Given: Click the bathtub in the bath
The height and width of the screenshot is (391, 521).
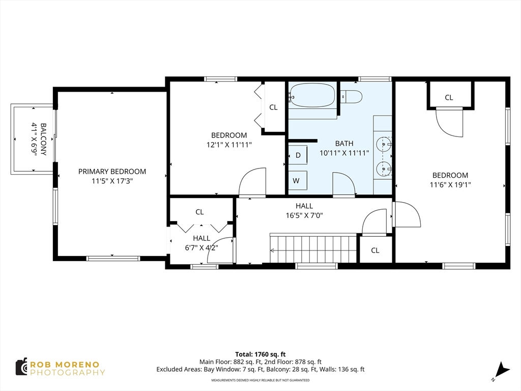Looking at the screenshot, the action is tap(312, 96).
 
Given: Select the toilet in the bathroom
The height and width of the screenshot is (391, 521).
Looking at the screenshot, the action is tap(352, 97).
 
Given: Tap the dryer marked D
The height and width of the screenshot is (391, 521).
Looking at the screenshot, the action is tap(298, 155).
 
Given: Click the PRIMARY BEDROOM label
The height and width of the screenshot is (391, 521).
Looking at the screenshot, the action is tap(112, 172).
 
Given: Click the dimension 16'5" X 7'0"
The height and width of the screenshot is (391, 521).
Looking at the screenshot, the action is tap(304, 215).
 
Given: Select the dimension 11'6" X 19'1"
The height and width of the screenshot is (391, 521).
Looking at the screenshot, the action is tap(450, 185).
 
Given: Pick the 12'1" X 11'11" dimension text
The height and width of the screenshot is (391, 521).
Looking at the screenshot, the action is tap(229, 145).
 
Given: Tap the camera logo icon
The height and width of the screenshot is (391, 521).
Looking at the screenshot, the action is tap(21, 367).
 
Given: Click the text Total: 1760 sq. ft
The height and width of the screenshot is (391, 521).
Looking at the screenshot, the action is tap(260, 354).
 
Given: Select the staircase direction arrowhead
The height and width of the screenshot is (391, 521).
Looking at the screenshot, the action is tap(273, 250).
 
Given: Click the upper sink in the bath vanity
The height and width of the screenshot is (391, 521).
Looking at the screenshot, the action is tap(383, 145).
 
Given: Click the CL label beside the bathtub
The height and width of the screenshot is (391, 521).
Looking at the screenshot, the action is tap(273, 107).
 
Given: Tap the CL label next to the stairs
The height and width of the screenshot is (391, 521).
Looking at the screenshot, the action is tap(375, 250).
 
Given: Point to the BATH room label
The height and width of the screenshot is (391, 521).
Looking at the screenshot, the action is tap(344, 144).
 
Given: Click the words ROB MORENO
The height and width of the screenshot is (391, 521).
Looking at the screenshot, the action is tap(65, 365).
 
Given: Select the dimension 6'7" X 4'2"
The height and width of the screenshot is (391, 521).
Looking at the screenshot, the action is tap(201, 248).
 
